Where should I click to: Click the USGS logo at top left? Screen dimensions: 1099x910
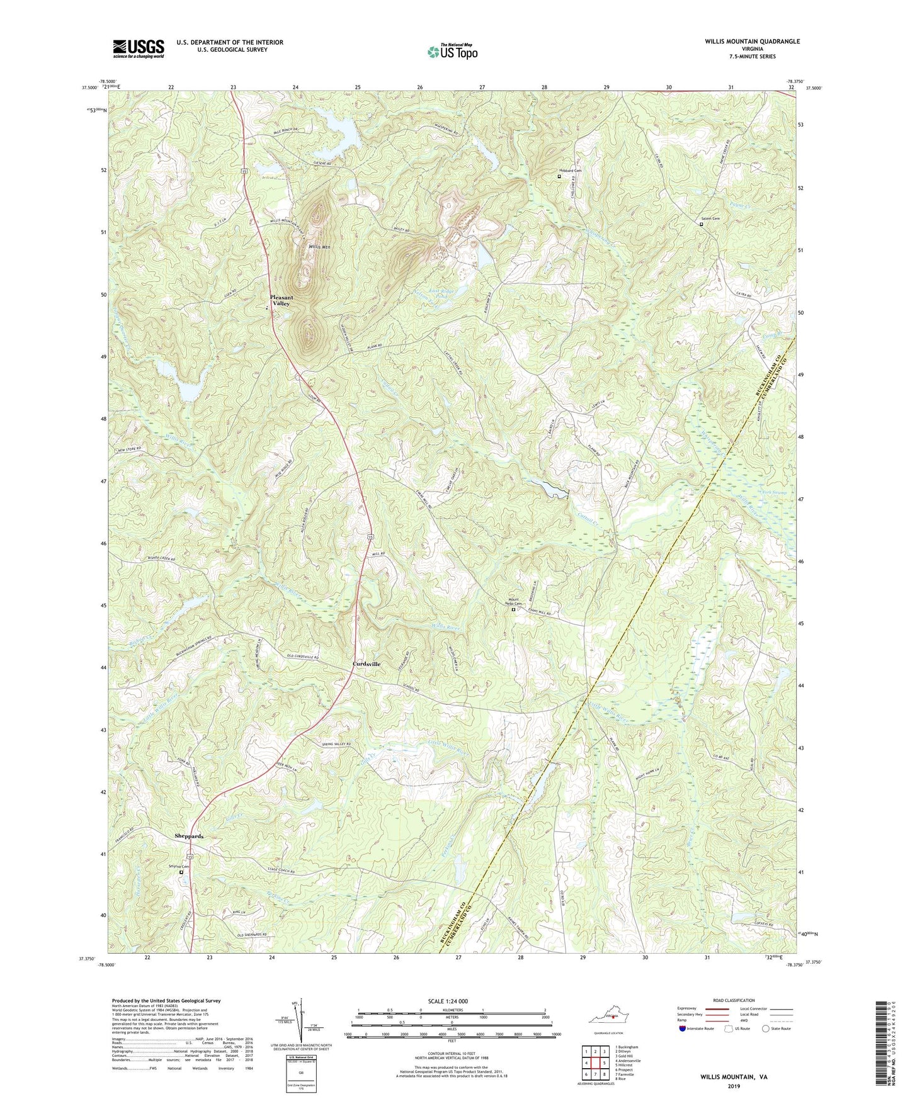pyautogui.click(x=138, y=48)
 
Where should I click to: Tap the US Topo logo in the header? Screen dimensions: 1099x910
pyautogui.click(x=452, y=52)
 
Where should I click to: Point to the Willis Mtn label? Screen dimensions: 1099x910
pyautogui.click(x=319, y=247)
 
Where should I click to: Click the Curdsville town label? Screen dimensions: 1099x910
pyautogui.click(x=366, y=664)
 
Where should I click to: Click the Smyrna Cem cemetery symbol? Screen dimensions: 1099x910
pyautogui.click(x=181, y=872)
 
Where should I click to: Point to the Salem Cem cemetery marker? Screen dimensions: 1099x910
pyautogui.click(x=702, y=223)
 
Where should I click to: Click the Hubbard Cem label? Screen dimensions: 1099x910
pyautogui.click(x=571, y=171)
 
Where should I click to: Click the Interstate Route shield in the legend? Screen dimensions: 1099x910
pyautogui.click(x=684, y=1029)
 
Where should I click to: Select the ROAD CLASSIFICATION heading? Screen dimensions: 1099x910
pyautogui.click(x=734, y=1000)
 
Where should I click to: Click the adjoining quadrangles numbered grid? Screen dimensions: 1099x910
pyautogui.click(x=594, y=1062)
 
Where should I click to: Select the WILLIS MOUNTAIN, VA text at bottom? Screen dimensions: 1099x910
pyautogui.click(x=734, y=1077)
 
